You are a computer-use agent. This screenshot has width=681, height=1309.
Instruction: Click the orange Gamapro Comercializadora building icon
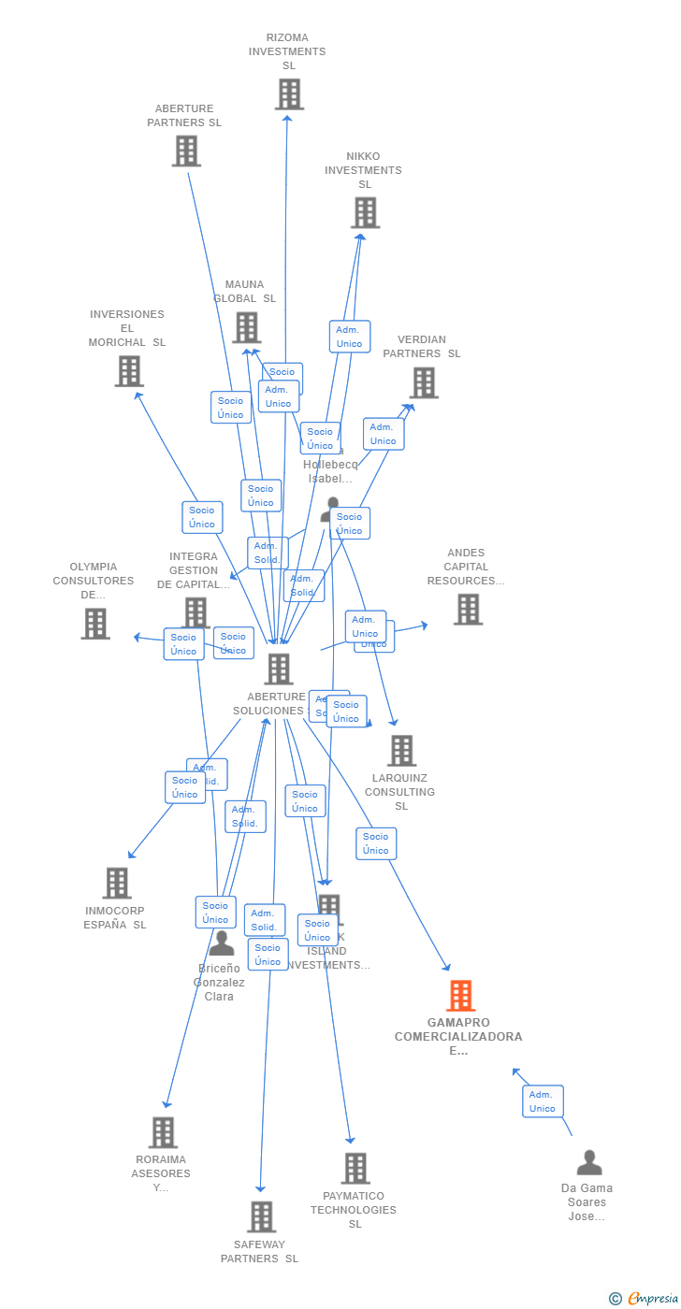point(460,996)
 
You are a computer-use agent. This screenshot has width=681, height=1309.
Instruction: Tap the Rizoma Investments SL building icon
point(289,94)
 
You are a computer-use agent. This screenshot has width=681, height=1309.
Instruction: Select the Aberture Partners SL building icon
point(186,151)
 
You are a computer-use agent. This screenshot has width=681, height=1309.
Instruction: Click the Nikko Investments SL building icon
point(365,213)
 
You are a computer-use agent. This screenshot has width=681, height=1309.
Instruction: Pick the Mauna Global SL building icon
point(246,327)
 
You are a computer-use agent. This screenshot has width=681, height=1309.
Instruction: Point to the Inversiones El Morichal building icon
point(129,371)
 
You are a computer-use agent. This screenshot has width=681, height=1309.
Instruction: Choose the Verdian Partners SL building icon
point(423,382)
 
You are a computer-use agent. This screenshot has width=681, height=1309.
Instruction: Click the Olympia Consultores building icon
point(95,624)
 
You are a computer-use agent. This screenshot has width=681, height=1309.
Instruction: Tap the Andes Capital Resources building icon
point(468,610)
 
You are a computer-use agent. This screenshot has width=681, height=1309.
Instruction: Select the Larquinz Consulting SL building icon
point(401,750)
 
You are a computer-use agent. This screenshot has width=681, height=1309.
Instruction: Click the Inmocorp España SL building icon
point(117,883)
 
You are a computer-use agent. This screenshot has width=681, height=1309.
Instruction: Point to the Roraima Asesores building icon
point(163,1132)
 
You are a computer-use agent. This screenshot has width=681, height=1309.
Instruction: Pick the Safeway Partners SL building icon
point(261,1216)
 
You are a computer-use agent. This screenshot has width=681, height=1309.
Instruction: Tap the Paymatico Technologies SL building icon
point(355,1168)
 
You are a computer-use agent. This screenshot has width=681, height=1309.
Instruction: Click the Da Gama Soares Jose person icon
point(589,1163)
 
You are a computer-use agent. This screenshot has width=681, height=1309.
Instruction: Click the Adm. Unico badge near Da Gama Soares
point(543,1101)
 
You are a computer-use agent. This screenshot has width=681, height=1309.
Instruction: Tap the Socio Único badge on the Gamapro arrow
point(376,843)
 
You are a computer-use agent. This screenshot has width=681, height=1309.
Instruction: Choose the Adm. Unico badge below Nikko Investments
point(349,337)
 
